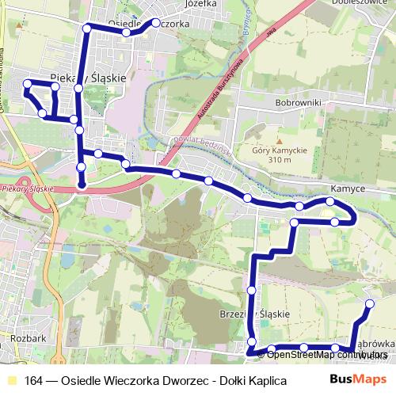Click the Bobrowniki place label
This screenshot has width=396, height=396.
tap(297, 103)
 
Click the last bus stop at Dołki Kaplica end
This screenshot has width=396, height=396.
tap(369, 304)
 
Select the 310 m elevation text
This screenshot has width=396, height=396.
tap(280, 160)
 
